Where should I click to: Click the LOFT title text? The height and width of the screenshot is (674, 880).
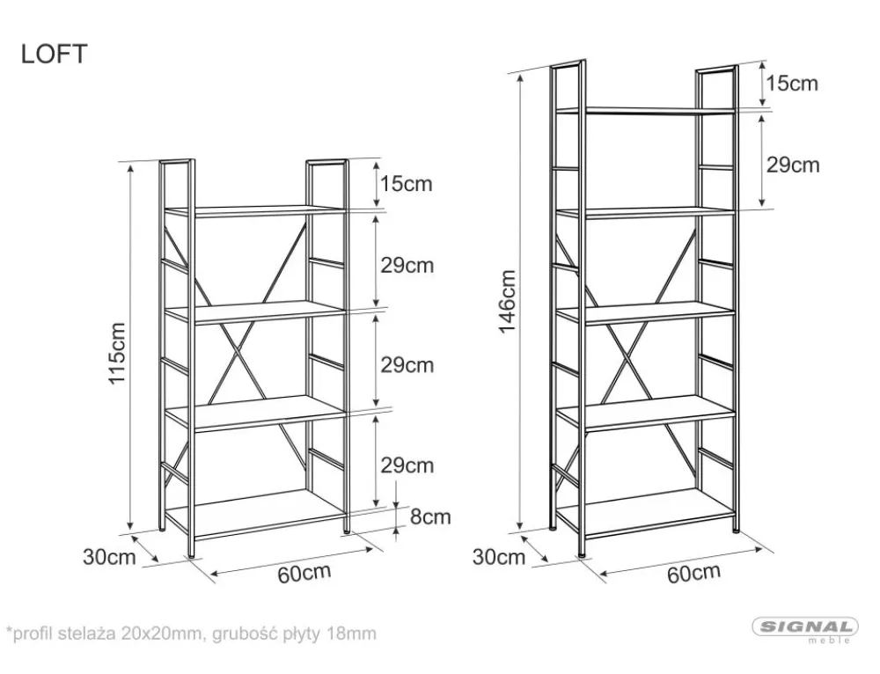tap(54, 54)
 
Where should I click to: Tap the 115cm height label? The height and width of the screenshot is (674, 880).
tap(117, 353)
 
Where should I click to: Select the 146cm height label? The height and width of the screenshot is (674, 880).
tap(508, 301)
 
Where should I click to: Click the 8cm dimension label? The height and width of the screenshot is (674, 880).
tap(430, 516)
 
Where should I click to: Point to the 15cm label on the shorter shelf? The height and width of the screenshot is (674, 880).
tap(407, 184)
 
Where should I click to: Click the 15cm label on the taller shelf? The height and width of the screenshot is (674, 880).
tap(792, 83)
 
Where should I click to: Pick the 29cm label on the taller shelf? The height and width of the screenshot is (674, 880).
tap(793, 165)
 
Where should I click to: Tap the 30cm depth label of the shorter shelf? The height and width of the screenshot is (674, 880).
tap(109, 557)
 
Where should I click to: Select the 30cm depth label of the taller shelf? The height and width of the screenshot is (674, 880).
tap(499, 557)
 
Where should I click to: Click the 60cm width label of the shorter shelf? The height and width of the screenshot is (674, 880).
tap(304, 573)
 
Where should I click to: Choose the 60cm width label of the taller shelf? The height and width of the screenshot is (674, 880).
tap(693, 573)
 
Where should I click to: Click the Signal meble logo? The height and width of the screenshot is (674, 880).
tap(805, 629)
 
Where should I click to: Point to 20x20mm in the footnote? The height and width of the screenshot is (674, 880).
tap(165, 634)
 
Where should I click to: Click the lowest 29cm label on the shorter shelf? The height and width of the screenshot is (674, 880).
tap(407, 465)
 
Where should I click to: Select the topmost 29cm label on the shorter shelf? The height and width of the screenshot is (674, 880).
tap(407, 265)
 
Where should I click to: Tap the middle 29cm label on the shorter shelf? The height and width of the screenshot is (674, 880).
tap(407, 365)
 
